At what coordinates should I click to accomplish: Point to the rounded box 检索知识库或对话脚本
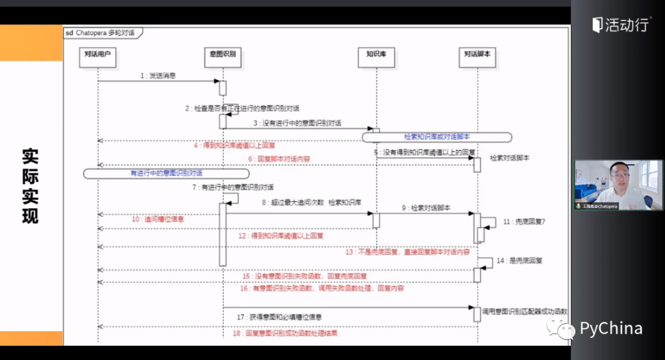click(x=437, y=137)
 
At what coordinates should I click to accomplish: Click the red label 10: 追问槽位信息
click(x=157, y=218)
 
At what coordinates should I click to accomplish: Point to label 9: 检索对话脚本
click(x=426, y=208)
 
